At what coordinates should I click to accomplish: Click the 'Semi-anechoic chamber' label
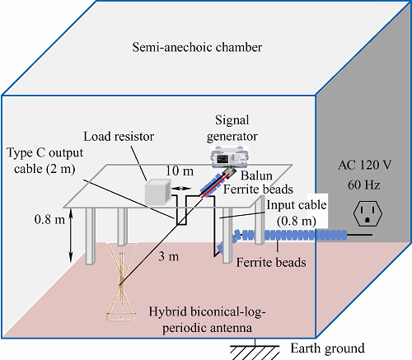[197, 47]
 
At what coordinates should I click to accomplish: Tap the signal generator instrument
[230, 157]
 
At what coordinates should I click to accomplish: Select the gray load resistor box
[158, 191]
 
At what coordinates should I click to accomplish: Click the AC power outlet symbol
[368, 213]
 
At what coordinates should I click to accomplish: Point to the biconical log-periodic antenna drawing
[121, 282]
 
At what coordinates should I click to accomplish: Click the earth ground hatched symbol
[255, 352]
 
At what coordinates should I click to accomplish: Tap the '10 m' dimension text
[180, 171]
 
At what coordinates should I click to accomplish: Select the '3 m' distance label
[169, 256]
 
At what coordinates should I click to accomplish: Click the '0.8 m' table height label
[49, 219]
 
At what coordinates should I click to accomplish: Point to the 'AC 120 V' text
[365, 165]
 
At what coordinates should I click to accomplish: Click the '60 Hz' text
[364, 185]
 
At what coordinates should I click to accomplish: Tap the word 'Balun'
[256, 175]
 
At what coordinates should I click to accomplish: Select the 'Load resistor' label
[119, 137]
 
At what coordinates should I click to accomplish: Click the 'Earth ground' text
[328, 348]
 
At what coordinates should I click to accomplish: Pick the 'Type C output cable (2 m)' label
[44, 161]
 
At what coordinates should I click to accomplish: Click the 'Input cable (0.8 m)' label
[297, 213]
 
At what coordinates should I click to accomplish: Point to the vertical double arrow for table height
[71, 235]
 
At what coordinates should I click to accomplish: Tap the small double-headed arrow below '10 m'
[181, 189]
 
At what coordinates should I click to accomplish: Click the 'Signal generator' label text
[232, 129]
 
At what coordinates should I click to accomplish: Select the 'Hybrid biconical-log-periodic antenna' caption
[207, 320]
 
